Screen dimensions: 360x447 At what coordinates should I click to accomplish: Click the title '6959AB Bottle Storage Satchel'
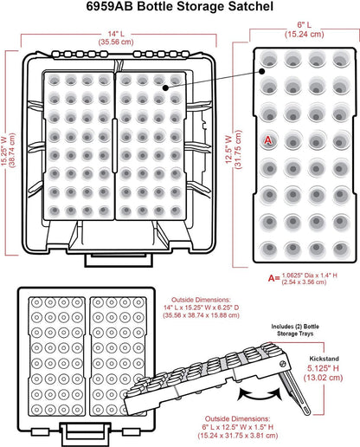coord(180,6)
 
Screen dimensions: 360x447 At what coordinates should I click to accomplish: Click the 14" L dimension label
coord(116,34)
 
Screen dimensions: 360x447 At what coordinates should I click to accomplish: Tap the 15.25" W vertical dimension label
coord(4,149)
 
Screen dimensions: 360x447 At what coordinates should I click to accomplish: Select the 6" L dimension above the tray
coord(305,25)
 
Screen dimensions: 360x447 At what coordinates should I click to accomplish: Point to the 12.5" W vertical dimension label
coord(228,149)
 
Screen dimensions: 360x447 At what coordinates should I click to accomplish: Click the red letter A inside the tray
coord(268,140)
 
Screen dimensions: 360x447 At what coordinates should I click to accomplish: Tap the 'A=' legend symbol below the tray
coord(273,278)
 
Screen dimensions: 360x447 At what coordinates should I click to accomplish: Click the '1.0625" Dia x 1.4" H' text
coord(309,275)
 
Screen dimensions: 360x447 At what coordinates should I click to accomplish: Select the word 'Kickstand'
coord(324,359)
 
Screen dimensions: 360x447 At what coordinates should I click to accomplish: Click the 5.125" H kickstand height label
coord(323,368)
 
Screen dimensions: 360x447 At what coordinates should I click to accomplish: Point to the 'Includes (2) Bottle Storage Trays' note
coord(295,330)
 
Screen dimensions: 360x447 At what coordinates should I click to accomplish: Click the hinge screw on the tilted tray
coord(282,364)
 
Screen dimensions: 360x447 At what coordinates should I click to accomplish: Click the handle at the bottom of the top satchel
coord(119,260)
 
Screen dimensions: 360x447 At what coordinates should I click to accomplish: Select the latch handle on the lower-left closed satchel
coord(85,435)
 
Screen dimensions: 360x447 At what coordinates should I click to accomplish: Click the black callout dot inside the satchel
coord(165,87)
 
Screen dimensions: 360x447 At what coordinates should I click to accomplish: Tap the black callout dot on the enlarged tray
coord(261,71)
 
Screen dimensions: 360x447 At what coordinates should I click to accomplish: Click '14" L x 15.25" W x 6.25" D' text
coord(201,308)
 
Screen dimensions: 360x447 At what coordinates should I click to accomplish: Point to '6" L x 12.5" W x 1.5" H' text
coord(238,427)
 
